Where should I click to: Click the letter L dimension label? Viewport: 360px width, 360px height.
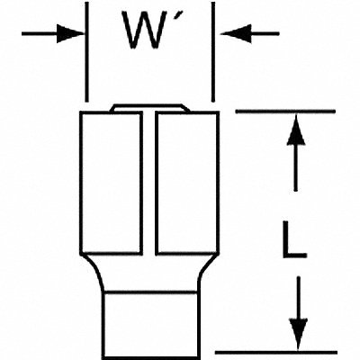click(294, 239)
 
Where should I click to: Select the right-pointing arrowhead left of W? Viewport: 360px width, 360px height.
click(70, 33)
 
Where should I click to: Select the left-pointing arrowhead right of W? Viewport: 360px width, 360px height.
click(236, 33)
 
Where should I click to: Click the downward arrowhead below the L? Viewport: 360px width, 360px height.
click(298, 333)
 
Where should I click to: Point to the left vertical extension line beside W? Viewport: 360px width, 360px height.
click(87, 52)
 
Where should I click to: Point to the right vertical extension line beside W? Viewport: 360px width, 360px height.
click(213, 52)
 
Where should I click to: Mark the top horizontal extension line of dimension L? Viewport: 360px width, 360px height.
click(285, 112)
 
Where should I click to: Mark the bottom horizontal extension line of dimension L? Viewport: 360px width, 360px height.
click(276, 352)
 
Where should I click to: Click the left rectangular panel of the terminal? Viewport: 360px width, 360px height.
click(112, 183)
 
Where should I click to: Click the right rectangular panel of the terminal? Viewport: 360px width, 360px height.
click(187, 183)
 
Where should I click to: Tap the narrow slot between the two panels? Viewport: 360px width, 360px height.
click(148, 183)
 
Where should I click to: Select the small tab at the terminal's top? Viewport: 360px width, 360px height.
click(149, 108)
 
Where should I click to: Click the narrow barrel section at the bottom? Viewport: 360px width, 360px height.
click(149, 325)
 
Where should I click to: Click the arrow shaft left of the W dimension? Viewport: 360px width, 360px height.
click(40, 33)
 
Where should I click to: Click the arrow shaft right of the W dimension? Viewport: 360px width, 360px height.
click(265, 33)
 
